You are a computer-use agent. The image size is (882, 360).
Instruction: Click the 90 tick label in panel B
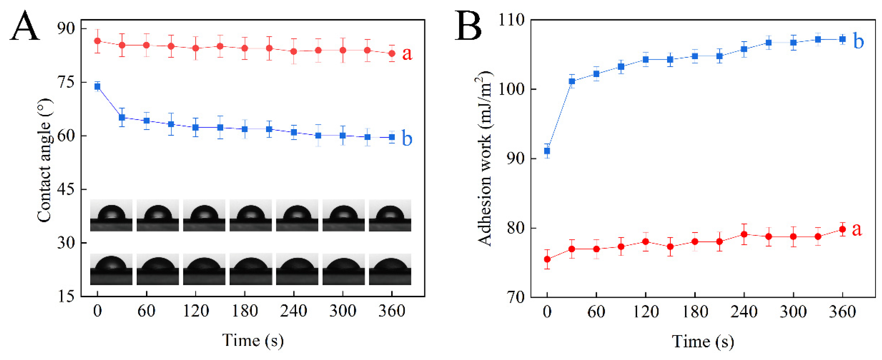pyautogui.click(x=516, y=159)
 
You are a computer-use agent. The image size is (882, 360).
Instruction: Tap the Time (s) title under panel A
pyautogui.click(x=253, y=340)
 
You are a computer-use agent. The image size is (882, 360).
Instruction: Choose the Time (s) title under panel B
pyautogui.click(x=703, y=342)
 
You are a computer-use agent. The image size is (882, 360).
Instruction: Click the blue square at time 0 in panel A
pyautogui.click(x=98, y=87)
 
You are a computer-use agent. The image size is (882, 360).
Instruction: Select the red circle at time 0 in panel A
pyautogui.click(x=98, y=41)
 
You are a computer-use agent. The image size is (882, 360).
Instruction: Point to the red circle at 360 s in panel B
pyautogui.click(x=842, y=229)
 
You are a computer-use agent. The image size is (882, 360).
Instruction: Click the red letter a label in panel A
pyautogui.click(x=407, y=54)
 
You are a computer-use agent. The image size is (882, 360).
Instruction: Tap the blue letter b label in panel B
pyautogui.click(x=858, y=41)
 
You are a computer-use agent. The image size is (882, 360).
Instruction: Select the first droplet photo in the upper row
pyautogui.click(x=111, y=215)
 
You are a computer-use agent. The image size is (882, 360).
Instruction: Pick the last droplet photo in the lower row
pyautogui.click(x=390, y=269)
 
